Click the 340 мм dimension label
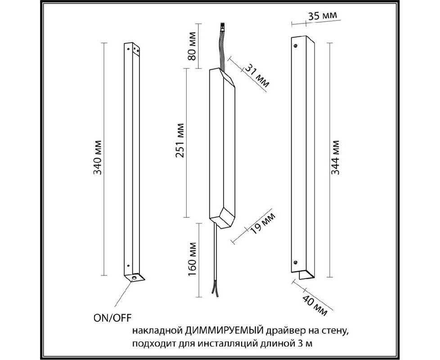click(x=97, y=157)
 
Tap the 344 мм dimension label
click(x=335, y=157)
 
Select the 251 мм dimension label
click(x=180, y=140)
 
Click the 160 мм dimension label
click(x=192, y=259)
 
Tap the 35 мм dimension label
click(x=323, y=16)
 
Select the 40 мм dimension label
click(x=315, y=305)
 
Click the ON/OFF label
click(x=112, y=318)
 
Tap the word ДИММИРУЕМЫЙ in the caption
click(x=224, y=331)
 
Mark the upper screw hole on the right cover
click(x=295, y=45)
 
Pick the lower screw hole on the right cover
click(x=295, y=262)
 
